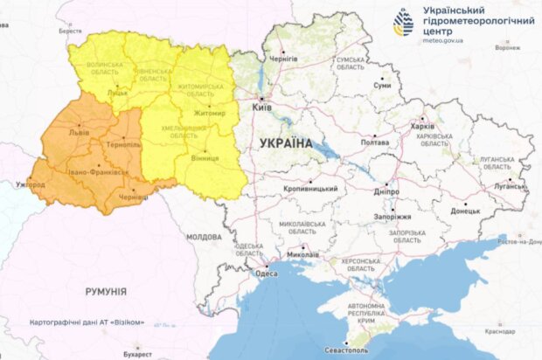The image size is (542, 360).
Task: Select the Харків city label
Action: pos(421,126)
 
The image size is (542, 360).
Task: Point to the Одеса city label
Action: pos(266,274)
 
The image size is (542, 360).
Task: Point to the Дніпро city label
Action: pos(386,190)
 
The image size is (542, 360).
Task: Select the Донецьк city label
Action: pos(465,211)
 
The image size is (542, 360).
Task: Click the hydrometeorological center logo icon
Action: pos(405,24)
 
